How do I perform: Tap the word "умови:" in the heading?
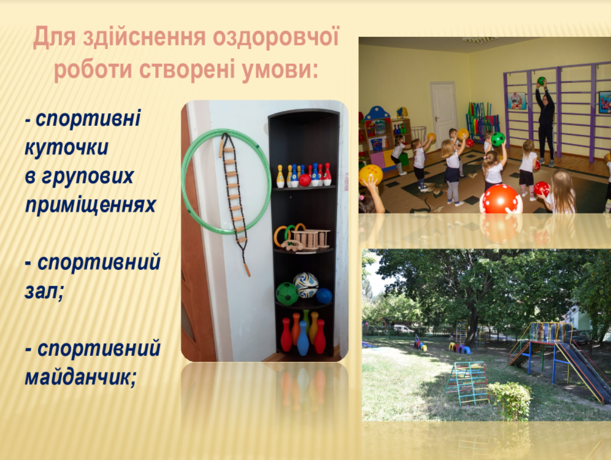[x=280, y=70]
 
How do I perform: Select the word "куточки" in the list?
[x=67, y=148]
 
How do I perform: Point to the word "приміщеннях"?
[x=90, y=205]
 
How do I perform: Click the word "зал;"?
[x=44, y=291]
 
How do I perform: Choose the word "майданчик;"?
[x=80, y=377]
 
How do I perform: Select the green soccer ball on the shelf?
[x=287, y=294]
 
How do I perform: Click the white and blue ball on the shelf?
[x=306, y=285]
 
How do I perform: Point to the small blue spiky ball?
[x=324, y=296]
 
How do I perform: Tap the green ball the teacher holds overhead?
[x=541, y=81]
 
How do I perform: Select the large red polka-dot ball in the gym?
[x=501, y=199]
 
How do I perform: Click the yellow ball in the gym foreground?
[x=371, y=174]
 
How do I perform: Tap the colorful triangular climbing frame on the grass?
[x=467, y=382]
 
